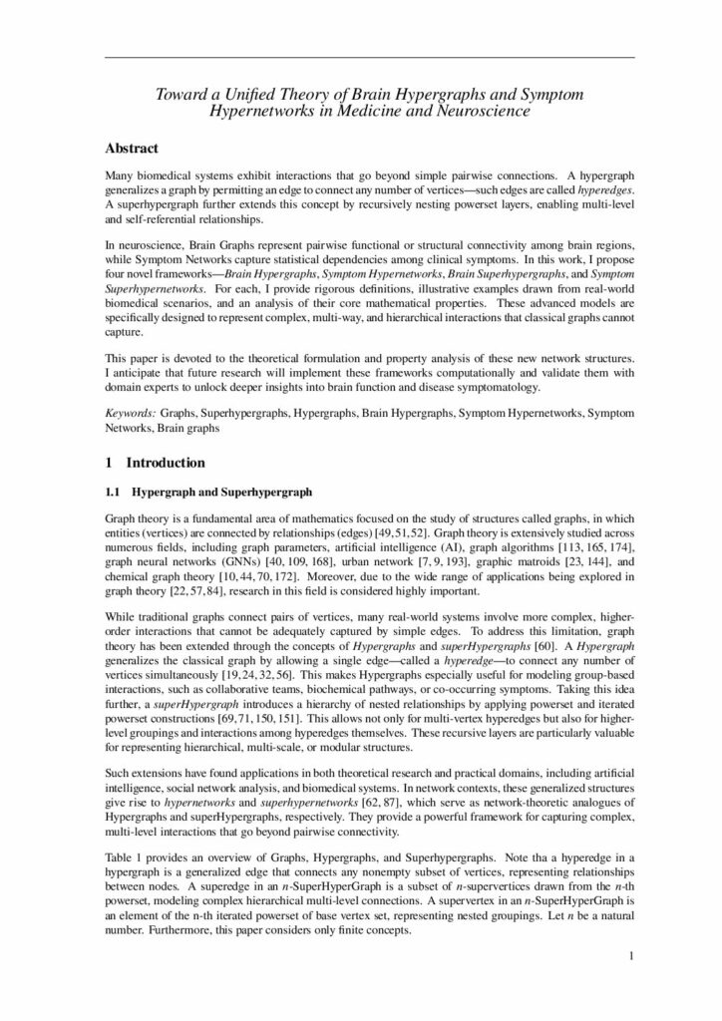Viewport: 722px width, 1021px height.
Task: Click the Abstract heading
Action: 132,149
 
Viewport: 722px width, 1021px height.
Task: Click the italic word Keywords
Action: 131,413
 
